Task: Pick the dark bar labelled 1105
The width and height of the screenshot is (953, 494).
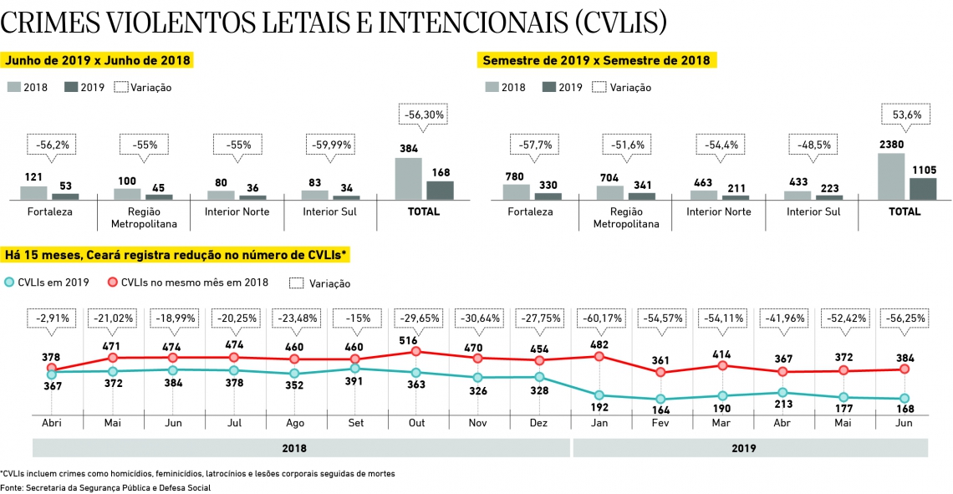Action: (923, 189)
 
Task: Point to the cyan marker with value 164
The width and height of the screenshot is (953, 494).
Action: (660, 400)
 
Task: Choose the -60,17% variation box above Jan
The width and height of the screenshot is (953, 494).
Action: (600, 318)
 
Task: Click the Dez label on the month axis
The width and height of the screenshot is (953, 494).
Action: (538, 423)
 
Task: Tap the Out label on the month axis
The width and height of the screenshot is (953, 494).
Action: (417, 423)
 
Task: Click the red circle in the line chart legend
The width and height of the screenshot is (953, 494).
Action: (112, 283)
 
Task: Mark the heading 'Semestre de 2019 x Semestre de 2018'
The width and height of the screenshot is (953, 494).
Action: (596, 60)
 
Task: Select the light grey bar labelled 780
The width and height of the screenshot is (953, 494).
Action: (516, 191)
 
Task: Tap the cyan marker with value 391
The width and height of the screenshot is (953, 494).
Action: (355, 368)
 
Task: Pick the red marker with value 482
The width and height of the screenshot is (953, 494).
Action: (599, 356)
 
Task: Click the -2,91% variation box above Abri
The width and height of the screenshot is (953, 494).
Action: (52, 318)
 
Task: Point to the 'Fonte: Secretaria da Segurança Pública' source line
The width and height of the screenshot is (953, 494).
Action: (105, 487)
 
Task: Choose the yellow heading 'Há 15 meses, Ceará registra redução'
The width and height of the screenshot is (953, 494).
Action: (176, 254)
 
